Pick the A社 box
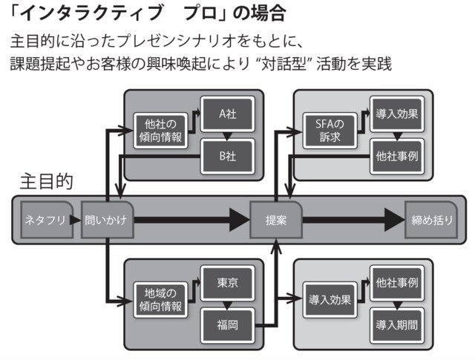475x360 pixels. coord(228,114)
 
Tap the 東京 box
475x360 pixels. coord(228,283)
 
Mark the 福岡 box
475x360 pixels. coord(228,324)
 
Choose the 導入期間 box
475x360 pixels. coord(397,324)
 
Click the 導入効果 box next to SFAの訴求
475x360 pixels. coord(397,114)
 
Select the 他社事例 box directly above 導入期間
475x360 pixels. coord(397,283)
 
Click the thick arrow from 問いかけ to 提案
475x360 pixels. coord(193,220)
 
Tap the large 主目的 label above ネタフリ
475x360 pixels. coord(46,181)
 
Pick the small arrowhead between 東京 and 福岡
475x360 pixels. coord(228,304)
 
